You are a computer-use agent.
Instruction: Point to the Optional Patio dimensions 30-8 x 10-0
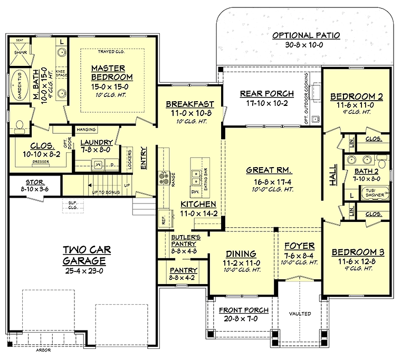click(x=305, y=46)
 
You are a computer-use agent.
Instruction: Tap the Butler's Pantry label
click(x=184, y=240)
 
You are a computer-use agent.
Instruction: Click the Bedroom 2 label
click(x=357, y=96)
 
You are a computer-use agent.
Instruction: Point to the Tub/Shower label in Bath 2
click(x=375, y=192)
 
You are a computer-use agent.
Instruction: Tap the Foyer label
click(x=299, y=246)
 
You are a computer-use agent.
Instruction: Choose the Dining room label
click(x=241, y=253)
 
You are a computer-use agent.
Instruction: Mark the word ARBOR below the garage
click(x=50, y=349)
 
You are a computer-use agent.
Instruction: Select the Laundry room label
click(x=97, y=142)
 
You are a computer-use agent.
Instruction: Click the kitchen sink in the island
click(x=197, y=172)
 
